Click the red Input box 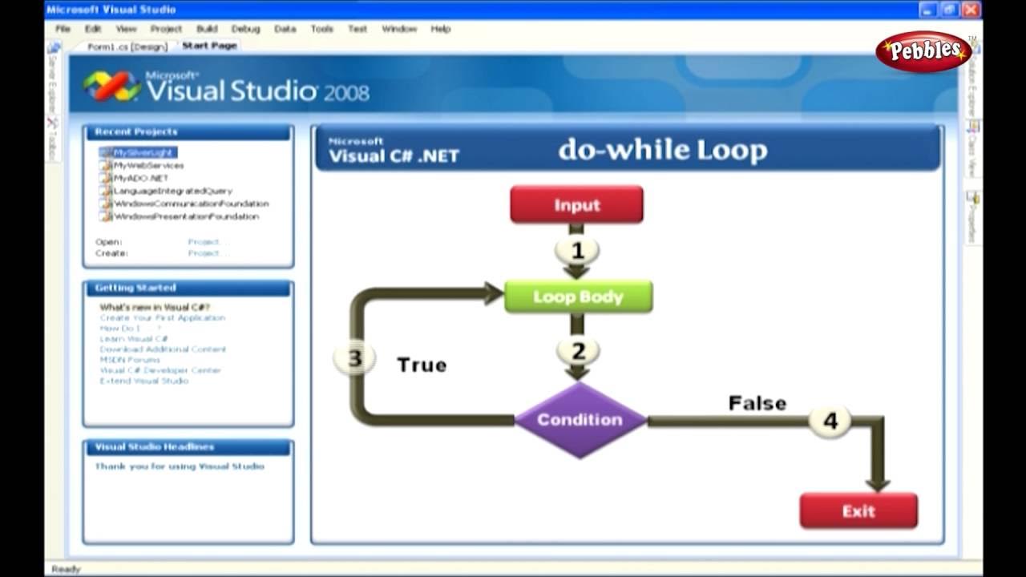[x=576, y=205]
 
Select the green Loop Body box [x=578, y=297]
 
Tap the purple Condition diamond [x=580, y=420]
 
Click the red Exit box [x=858, y=511]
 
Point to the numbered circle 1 [x=577, y=252]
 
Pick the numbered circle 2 [x=578, y=351]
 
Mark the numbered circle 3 [x=354, y=359]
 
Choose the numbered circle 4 [x=830, y=421]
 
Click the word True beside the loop [x=422, y=365]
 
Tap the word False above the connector [x=757, y=403]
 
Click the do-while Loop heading [x=662, y=150]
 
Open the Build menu [x=207, y=29]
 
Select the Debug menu [x=245, y=29]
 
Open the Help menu [x=441, y=29]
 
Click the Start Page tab [x=209, y=46]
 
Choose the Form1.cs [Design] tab [x=127, y=46]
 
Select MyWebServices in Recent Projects [x=148, y=165]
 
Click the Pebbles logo [x=923, y=51]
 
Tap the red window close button [x=971, y=10]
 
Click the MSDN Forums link [x=130, y=360]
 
